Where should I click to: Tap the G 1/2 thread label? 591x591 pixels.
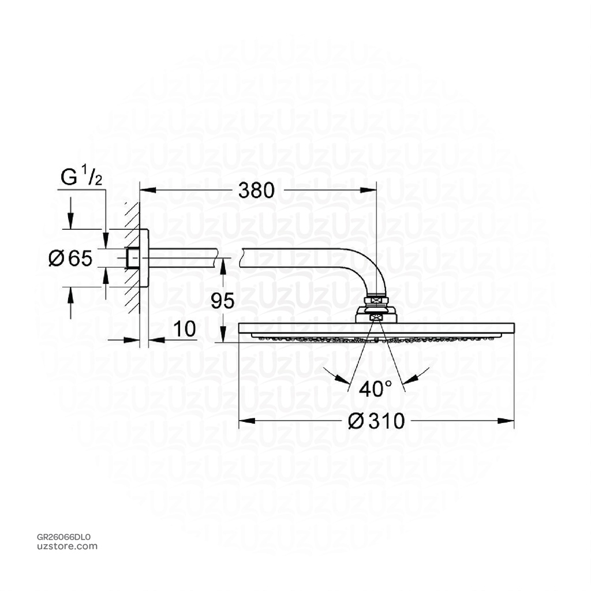(81, 177)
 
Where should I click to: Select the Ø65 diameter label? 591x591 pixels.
(70, 259)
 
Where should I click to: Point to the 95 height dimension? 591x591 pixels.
(222, 301)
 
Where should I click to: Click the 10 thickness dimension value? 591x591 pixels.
(184, 330)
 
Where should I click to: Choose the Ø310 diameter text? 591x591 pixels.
(376, 421)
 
